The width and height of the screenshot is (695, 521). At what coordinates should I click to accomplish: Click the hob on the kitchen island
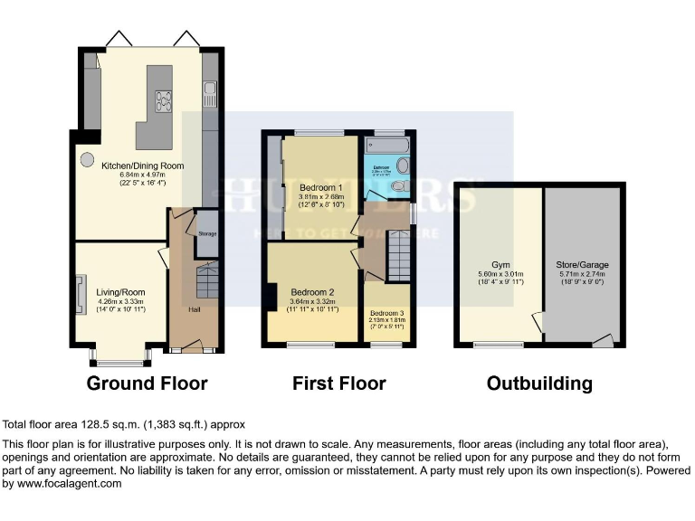point(164,100)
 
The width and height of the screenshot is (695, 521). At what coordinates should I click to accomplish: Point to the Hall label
point(194,310)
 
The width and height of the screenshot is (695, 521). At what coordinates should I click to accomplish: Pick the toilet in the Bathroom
point(400,185)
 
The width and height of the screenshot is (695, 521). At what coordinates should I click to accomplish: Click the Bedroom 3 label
point(387,312)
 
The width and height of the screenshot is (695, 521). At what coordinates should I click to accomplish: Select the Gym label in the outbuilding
point(501,265)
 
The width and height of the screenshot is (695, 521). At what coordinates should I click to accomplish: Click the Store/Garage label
point(582,265)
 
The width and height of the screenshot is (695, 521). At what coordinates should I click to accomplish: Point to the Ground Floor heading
point(147,384)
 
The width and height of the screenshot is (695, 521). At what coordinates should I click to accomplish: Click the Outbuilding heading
point(539,384)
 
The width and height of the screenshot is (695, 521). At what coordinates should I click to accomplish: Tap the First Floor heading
point(338,384)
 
